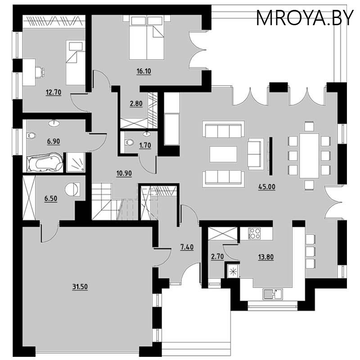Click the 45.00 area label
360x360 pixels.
coord(267,187)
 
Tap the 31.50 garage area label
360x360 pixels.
coord(80,287)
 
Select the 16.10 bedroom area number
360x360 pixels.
coord(144,71)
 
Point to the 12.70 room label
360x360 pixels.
coord(54,92)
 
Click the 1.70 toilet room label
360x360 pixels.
coord(145,145)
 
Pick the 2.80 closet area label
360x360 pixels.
coord(136,103)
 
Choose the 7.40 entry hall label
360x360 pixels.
coord(187,247)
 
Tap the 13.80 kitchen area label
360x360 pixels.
coord(266,257)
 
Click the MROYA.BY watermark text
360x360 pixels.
coord(305,18)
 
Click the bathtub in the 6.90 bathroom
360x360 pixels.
coord(45,162)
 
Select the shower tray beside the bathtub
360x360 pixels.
coord(76,162)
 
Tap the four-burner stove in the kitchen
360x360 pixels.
coord(255,233)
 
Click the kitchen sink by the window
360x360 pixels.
coord(273,294)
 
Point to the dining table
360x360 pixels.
coord(309,156)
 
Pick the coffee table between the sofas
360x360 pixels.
coord(223,154)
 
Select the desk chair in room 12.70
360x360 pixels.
coord(40,71)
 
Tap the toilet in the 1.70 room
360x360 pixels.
coord(129,142)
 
